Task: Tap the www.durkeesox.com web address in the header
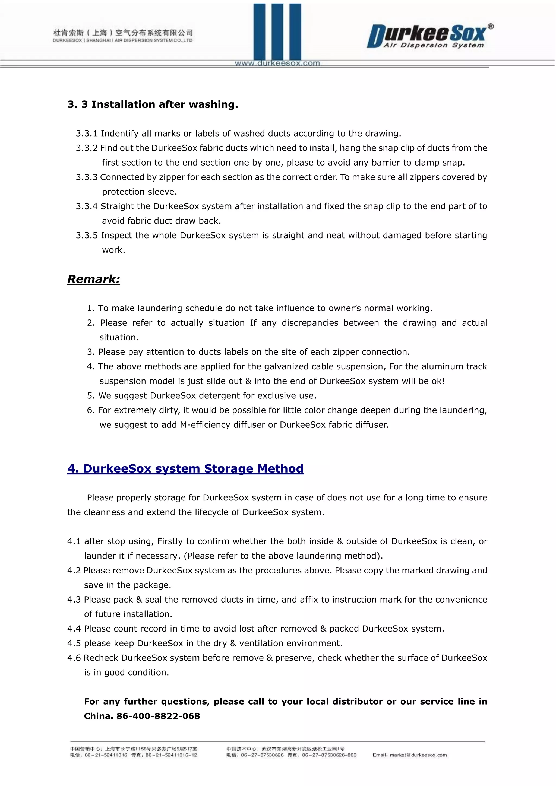(277, 63)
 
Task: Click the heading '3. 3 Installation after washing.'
(152, 104)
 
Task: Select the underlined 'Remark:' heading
(93, 279)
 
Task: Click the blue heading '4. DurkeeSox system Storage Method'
(185, 469)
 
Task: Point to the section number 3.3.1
(87, 134)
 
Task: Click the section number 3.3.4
(87, 207)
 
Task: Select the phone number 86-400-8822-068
(158, 716)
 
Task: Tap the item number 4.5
(74, 644)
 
